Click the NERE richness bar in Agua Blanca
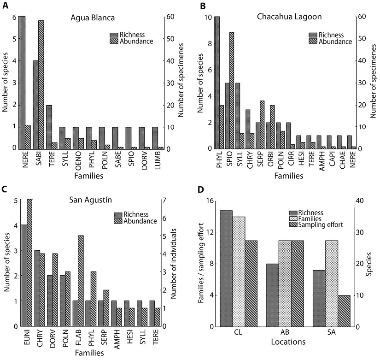(x=22, y=83)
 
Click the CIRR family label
(x=288, y=159)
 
